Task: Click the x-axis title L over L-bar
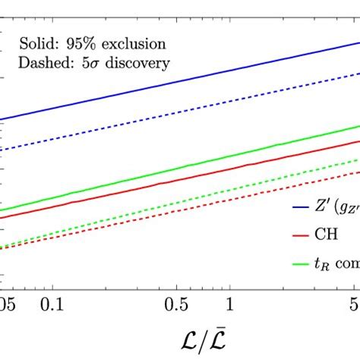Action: click(180, 339)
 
